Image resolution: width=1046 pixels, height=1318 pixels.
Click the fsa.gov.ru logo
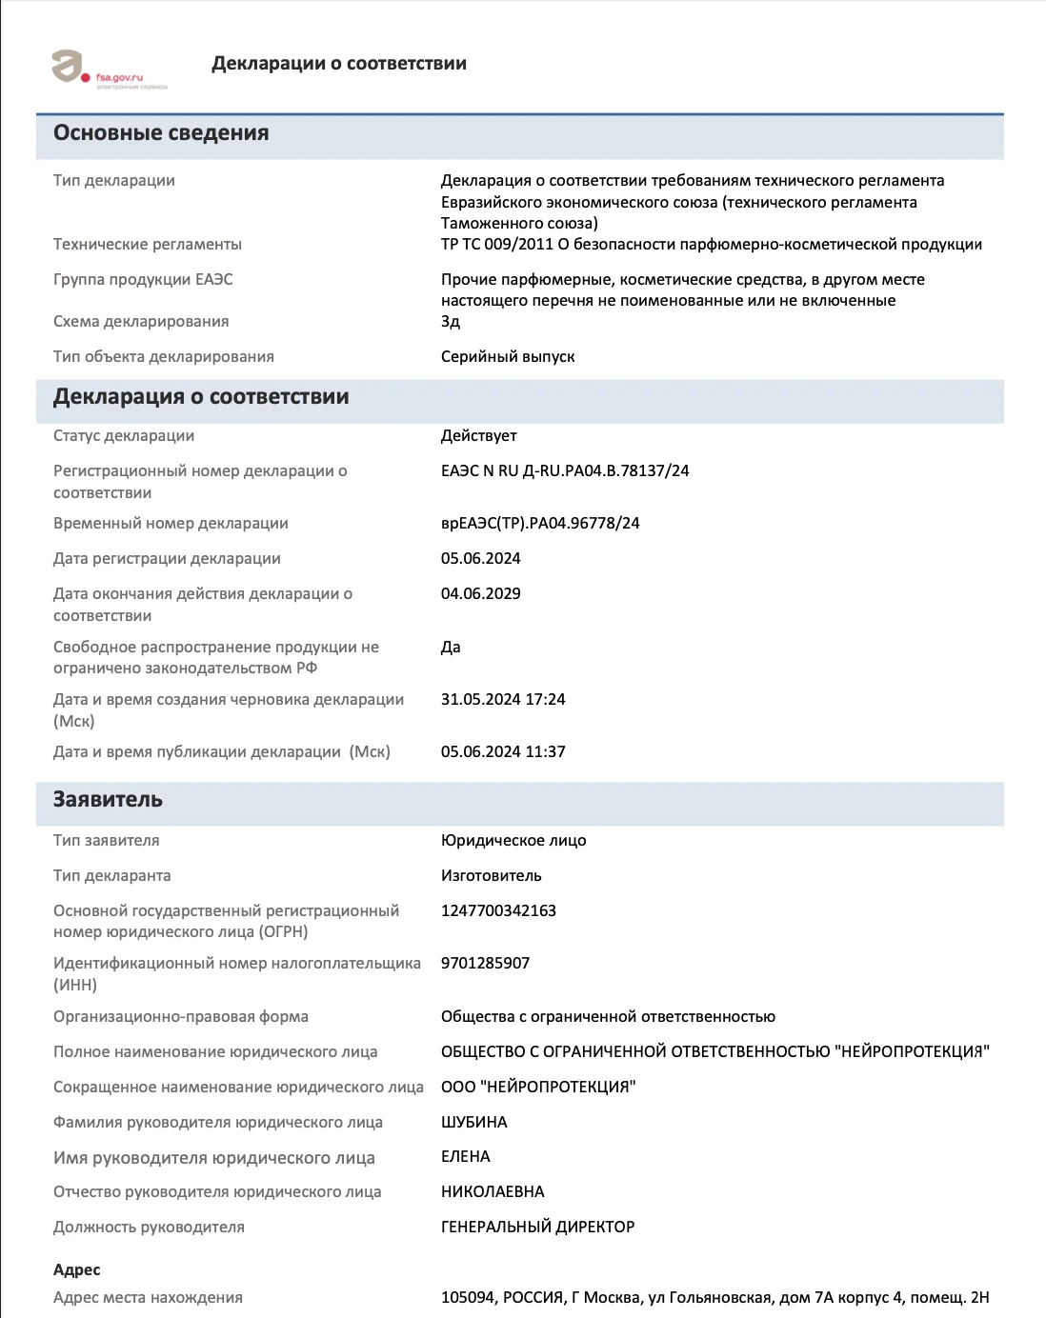point(109,70)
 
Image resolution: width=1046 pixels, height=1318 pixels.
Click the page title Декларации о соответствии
point(338,64)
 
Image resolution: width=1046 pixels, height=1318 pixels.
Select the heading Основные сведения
point(161,133)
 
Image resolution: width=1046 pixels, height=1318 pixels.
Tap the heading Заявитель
point(108,800)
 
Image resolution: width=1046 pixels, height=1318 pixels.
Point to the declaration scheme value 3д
point(451,322)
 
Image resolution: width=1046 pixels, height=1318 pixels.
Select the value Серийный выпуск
point(508,357)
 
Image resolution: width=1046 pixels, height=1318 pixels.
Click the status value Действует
point(478,436)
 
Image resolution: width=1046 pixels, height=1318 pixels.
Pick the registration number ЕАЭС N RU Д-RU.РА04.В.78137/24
point(564,471)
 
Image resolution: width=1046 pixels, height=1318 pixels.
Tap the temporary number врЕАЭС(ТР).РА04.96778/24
point(540,524)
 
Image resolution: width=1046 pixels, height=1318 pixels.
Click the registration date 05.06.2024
point(480,559)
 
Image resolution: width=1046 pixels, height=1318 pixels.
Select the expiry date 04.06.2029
point(480,594)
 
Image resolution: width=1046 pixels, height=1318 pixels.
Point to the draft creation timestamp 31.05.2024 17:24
point(503,700)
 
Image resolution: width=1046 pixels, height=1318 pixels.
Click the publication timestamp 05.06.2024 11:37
point(503,752)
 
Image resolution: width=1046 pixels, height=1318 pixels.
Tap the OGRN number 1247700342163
point(498,911)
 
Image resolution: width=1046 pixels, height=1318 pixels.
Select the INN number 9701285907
point(485,964)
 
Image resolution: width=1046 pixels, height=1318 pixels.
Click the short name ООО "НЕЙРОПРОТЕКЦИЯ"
point(538,1088)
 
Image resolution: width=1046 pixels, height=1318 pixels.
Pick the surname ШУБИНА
point(473,1123)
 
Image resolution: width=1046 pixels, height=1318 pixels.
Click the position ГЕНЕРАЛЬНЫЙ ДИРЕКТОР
point(537,1228)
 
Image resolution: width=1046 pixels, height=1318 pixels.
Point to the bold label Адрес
point(77,1270)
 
